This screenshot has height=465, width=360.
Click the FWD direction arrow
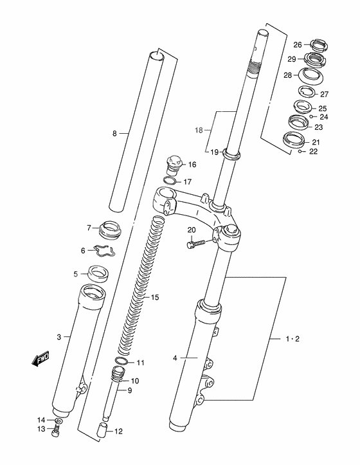click(40, 359)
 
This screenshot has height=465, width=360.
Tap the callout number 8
click(115, 134)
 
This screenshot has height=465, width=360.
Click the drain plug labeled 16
click(174, 165)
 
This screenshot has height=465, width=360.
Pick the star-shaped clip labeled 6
click(104, 251)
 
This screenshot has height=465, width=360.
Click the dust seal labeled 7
click(111, 230)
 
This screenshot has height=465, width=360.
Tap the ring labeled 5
click(98, 274)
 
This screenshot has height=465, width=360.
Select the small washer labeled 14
click(59, 421)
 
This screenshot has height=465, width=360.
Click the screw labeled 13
click(55, 431)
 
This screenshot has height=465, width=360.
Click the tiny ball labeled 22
click(300, 152)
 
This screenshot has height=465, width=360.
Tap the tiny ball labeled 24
click(310, 116)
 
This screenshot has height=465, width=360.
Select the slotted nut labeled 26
click(319, 44)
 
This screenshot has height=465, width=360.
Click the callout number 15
click(155, 297)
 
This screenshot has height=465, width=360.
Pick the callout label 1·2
click(292, 339)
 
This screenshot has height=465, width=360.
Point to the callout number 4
click(175, 358)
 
